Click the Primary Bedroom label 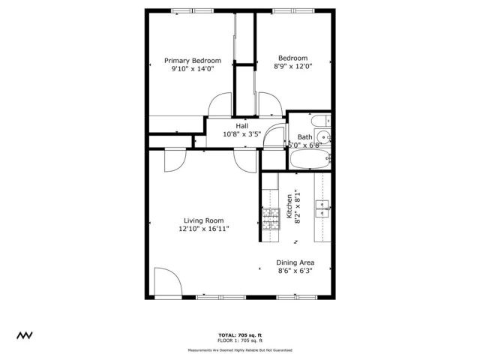(193, 61)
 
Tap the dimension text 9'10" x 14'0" (193, 69)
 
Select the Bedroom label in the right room (292, 58)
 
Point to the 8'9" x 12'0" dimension (292, 66)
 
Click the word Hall (241, 126)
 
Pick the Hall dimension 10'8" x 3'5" (241, 134)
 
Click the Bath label (304, 137)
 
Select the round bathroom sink (323, 136)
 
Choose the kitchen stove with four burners (268, 217)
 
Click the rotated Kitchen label (289, 206)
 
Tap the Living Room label (203, 220)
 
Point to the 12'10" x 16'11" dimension (203, 229)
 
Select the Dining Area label (296, 262)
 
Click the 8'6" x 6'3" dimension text (296, 271)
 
